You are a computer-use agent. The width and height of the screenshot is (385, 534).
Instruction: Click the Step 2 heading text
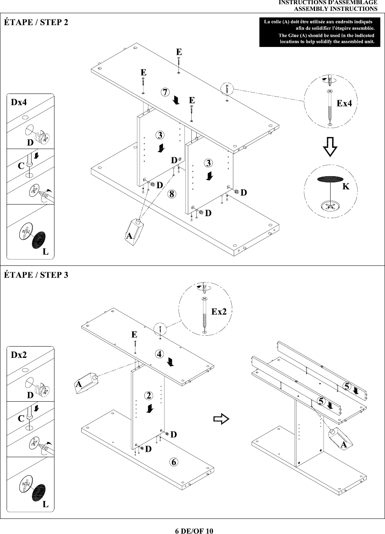36,22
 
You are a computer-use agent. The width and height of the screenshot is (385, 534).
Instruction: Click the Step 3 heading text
36,275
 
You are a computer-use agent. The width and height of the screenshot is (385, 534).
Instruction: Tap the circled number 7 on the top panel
165,92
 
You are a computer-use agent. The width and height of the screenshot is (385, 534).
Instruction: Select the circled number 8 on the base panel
172,194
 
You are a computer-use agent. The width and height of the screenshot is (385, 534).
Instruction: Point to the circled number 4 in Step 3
159,354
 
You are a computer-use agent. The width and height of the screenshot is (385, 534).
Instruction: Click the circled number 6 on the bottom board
174,462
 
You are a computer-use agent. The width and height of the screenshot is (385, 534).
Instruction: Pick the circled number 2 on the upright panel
149,395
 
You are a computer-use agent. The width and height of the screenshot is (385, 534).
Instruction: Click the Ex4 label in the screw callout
344,103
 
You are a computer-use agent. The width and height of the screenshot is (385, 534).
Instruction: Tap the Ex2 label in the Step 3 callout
219,311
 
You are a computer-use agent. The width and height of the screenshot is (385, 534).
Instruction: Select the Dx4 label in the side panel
19,102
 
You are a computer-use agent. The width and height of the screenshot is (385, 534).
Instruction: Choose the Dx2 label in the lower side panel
19,355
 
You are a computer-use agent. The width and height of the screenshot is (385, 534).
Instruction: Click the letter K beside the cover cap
346,186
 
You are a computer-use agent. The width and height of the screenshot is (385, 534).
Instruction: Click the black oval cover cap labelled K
330,179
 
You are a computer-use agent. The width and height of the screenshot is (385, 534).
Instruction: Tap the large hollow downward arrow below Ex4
330,147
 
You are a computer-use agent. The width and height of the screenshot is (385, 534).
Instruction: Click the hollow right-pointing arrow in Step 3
221,419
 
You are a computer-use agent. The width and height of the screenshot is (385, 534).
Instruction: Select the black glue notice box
320,32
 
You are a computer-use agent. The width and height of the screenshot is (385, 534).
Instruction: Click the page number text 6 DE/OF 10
194,531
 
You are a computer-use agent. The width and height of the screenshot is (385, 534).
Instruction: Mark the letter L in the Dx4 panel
45,251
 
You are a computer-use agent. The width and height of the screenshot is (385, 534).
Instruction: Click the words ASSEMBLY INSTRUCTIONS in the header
336,9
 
